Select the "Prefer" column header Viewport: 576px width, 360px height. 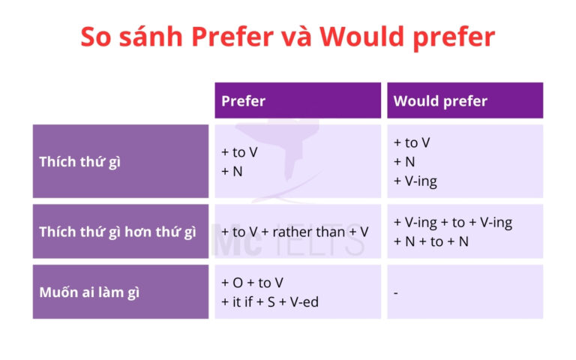243,101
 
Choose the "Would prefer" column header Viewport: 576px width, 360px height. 440,101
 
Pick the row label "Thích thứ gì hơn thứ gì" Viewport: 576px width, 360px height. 117,232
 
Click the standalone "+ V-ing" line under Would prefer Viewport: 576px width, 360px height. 415,181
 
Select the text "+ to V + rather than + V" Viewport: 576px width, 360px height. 295,232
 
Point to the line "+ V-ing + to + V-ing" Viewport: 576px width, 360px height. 452,222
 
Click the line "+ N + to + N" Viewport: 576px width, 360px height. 430,241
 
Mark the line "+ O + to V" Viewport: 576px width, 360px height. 252,283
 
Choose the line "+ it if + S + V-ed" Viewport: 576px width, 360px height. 269,301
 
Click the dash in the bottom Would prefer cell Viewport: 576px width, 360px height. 396,292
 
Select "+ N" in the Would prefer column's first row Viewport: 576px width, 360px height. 404,161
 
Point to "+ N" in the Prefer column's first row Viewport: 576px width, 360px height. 232,171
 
